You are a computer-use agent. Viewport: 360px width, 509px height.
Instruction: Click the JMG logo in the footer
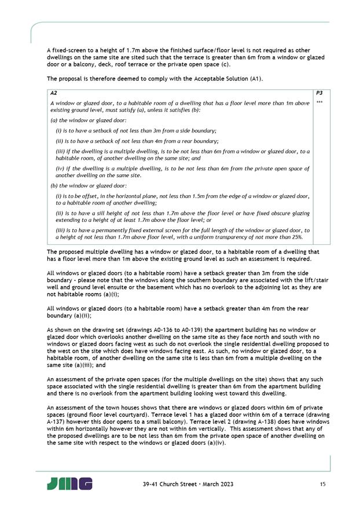[x=69, y=484]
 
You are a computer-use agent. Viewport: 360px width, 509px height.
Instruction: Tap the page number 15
[x=322, y=484]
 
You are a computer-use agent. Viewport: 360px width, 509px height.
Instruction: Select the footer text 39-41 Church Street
[x=168, y=484]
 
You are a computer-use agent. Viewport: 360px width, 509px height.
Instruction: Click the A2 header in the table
[x=54, y=93]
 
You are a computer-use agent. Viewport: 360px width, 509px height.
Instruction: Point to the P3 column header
[x=320, y=93]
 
